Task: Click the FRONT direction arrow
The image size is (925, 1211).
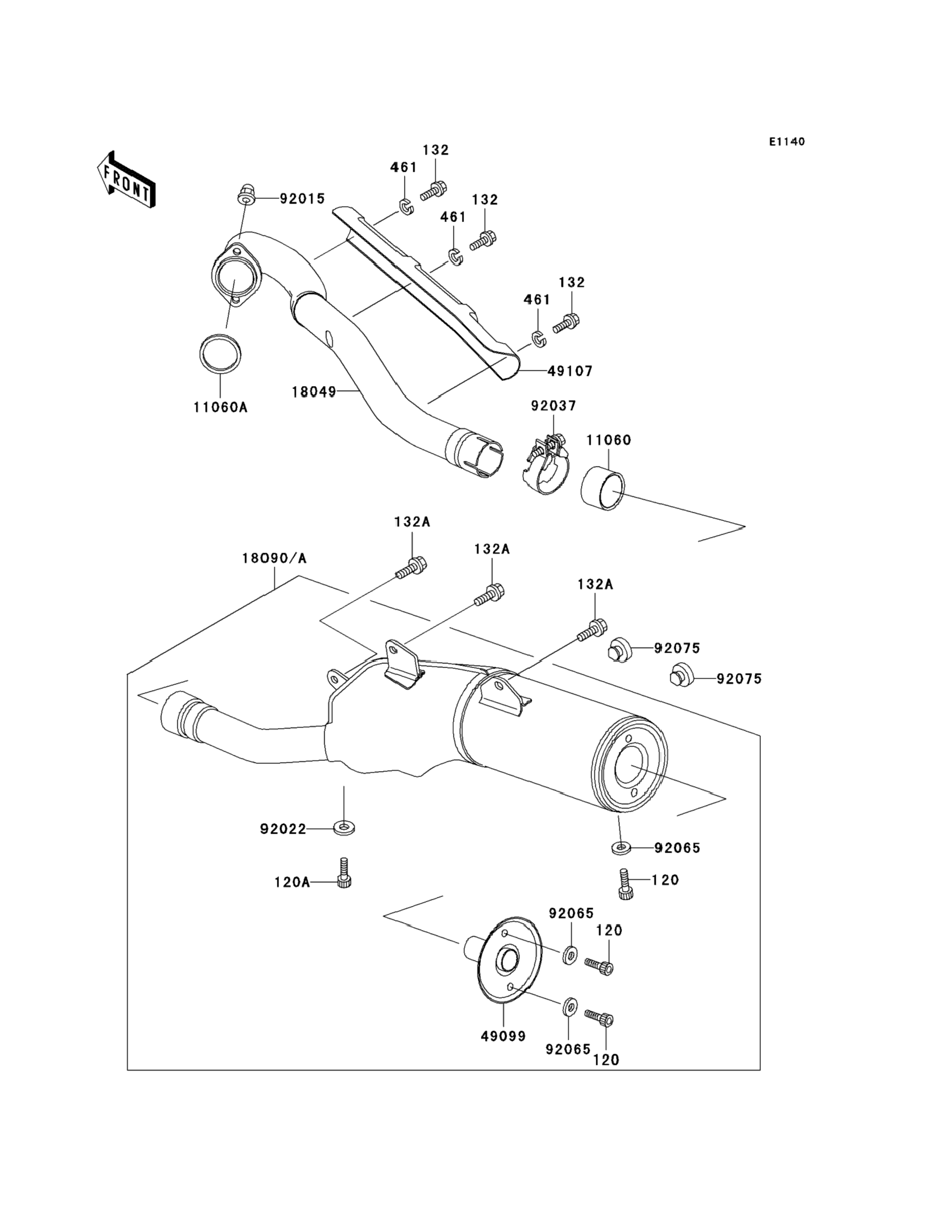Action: point(126,179)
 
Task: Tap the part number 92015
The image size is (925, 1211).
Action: point(303,199)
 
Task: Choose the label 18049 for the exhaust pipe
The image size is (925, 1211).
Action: point(314,391)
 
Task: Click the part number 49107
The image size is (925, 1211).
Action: point(570,371)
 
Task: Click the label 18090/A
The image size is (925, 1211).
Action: point(274,558)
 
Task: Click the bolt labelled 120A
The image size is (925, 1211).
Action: point(345,873)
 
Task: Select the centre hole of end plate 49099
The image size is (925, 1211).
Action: point(508,960)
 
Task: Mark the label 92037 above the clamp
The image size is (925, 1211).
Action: point(553,406)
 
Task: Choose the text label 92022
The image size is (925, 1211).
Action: point(283,829)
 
